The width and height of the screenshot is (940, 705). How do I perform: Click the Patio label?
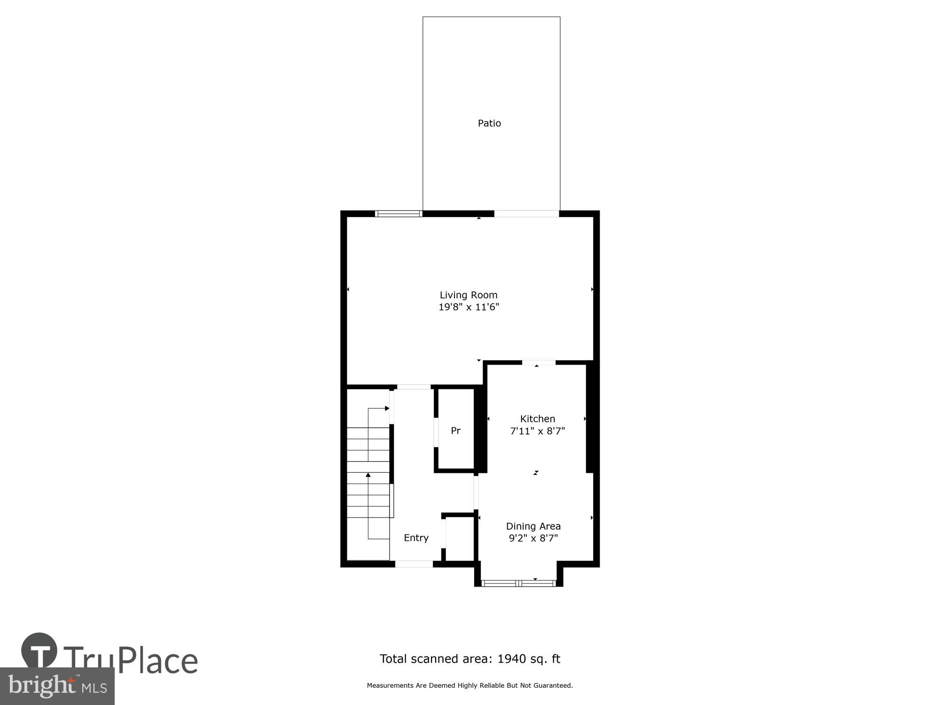point(489,123)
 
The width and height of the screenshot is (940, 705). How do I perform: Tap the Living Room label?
point(469,295)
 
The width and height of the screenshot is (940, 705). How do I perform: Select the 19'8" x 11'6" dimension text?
point(469,307)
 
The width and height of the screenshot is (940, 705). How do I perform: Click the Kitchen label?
point(538,419)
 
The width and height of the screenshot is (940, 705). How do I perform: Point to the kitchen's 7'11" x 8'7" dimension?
point(538,431)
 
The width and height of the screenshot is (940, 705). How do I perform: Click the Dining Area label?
point(533,526)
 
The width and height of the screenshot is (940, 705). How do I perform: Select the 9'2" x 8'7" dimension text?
point(533,539)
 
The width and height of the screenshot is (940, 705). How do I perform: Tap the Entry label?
point(416,538)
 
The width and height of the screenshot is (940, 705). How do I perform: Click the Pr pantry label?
point(455,431)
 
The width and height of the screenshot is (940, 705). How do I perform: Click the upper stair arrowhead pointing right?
point(387,408)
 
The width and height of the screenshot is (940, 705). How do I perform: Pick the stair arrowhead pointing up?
point(368,475)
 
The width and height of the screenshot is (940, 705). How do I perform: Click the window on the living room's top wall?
point(399,214)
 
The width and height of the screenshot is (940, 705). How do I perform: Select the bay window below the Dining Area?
point(519,583)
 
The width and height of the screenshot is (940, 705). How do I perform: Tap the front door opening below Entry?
point(414,564)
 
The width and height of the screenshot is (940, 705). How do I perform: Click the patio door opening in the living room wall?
point(526,214)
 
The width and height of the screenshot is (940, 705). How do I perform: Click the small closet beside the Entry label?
point(460,539)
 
